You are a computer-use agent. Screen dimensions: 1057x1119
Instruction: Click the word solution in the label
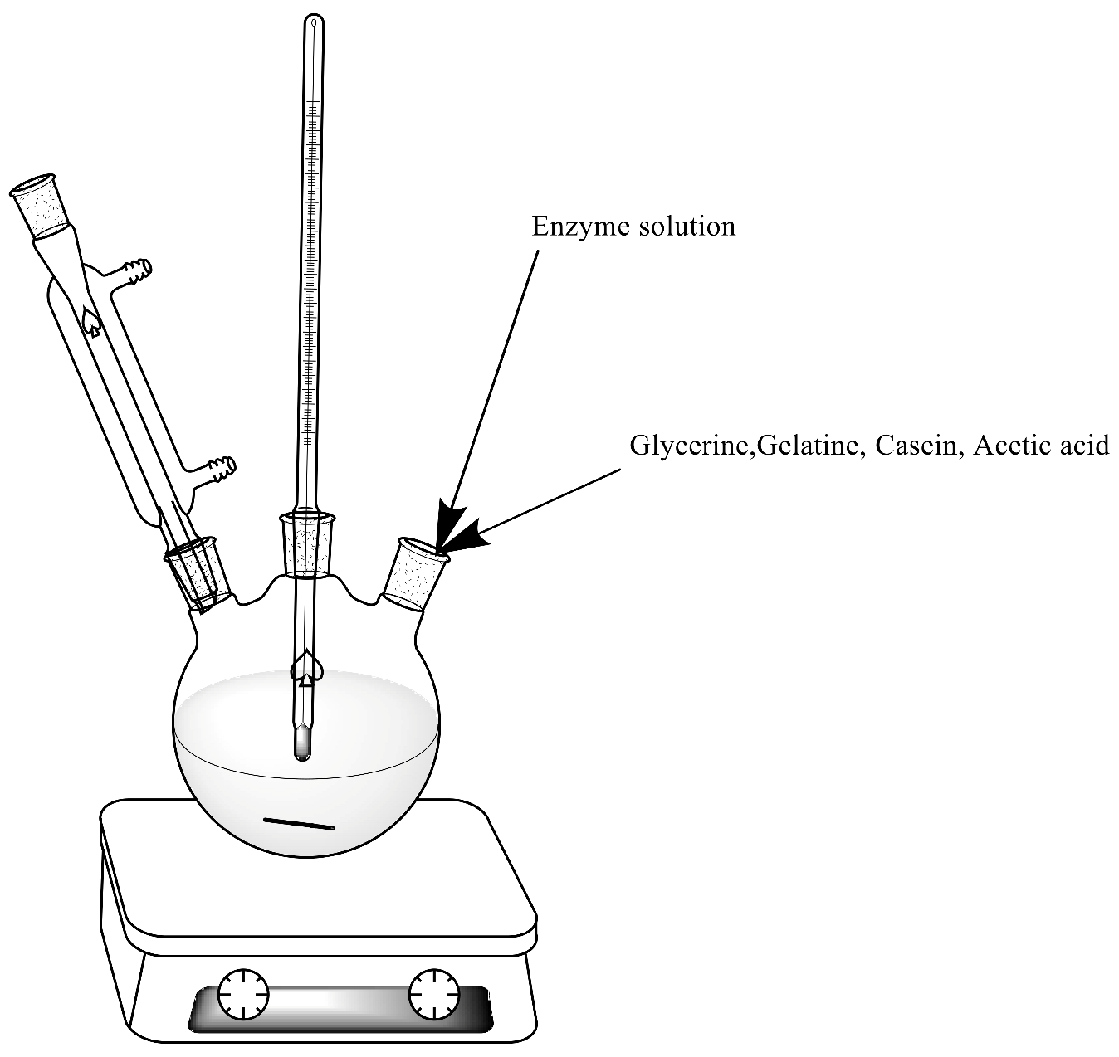click(685, 226)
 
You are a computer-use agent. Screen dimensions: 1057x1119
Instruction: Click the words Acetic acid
click(1041, 446)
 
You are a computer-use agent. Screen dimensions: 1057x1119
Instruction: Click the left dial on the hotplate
click(243, 993)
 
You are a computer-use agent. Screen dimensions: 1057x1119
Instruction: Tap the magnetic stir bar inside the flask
click(299, 824)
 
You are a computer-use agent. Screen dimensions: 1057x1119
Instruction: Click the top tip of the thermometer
click(313, 20)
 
